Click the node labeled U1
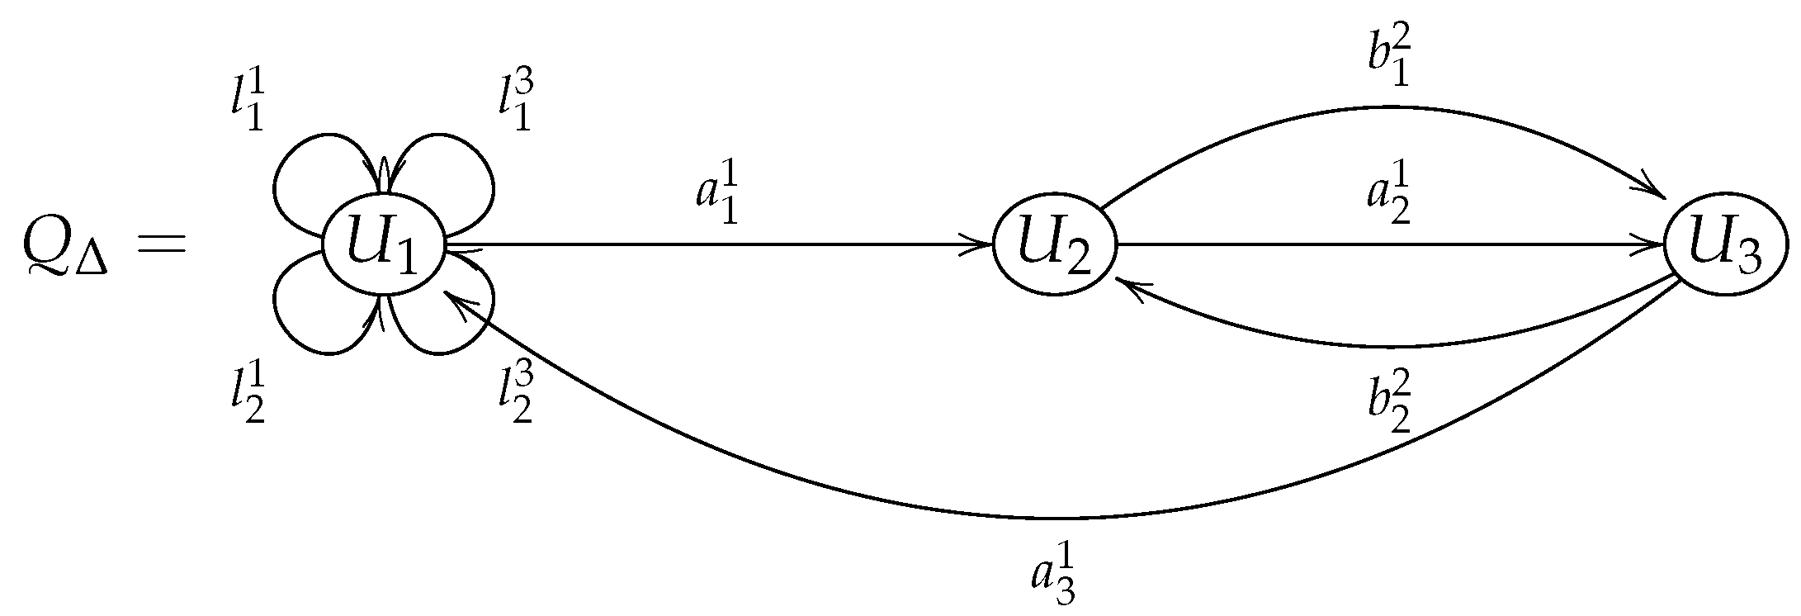coord(384,246)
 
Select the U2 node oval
coord(1054,246)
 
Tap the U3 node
coord(1724,246)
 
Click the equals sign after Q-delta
coord(159,246)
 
